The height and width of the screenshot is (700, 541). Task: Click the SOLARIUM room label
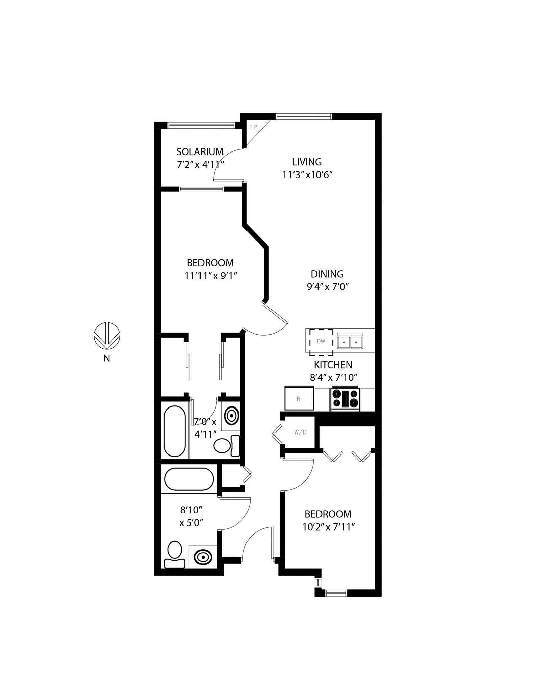(200, 151)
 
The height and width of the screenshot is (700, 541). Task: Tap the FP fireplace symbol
(253, 127)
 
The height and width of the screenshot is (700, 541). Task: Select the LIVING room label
(307, 162)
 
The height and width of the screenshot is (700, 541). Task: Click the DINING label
(327, 274)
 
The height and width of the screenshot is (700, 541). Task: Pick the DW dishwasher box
(321, 342)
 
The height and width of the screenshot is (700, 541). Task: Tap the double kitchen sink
(350, 342)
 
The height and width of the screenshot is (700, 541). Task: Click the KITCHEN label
(333, 365)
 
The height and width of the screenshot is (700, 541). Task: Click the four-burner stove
(345, 399)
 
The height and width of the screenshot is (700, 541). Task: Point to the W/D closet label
(300, 433)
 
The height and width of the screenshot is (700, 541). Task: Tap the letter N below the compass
(107, 358)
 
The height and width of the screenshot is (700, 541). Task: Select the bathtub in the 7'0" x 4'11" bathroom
(174, 431)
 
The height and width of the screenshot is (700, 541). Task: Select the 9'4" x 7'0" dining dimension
(328, 287)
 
